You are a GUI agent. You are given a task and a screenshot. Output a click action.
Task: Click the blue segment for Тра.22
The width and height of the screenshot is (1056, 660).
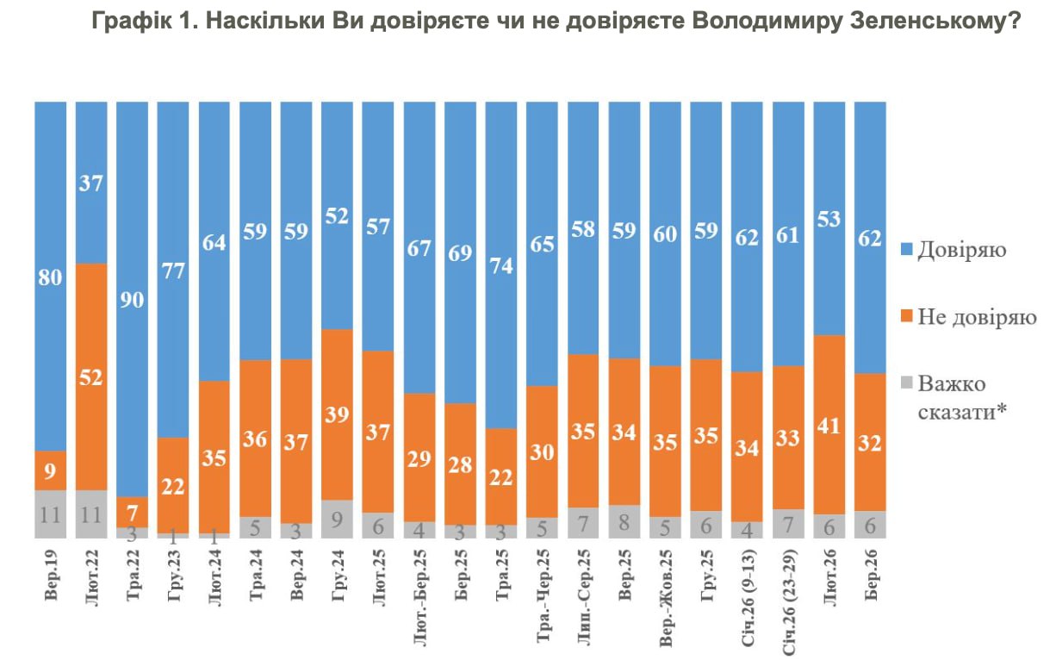132,298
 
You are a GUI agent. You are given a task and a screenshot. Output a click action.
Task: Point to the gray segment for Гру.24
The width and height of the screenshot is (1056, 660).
336,519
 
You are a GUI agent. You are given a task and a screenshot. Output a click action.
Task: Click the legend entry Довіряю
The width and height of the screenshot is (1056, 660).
960,250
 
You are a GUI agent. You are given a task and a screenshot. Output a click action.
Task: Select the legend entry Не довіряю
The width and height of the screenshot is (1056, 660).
976,316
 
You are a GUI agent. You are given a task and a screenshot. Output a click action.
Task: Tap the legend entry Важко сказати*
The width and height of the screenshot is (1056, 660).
962,397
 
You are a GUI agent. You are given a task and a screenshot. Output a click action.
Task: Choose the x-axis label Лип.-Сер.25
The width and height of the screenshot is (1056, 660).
583,594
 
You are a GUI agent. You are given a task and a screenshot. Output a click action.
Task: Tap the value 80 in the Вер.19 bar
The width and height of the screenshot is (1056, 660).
50,278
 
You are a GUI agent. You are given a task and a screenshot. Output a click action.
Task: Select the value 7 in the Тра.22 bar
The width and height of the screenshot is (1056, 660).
132,511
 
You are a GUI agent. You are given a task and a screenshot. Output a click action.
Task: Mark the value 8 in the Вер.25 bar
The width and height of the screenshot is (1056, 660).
624,520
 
